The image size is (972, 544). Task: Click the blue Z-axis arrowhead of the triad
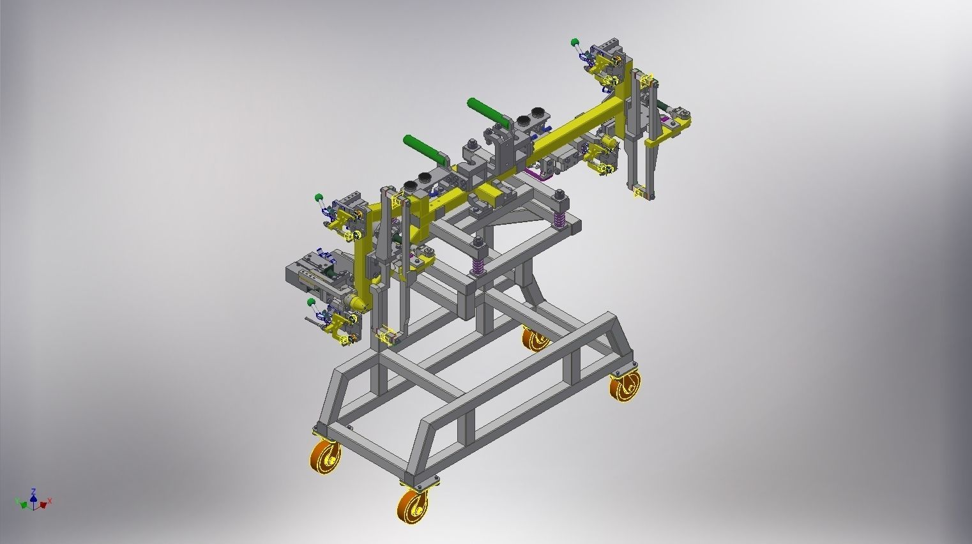33,493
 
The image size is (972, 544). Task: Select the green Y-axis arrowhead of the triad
24,505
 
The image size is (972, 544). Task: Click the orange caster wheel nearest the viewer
411,504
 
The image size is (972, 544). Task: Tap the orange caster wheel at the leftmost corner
325,457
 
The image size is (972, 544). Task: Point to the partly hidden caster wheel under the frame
535,338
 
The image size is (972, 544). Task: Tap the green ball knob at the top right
575,43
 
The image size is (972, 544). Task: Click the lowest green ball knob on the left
310,301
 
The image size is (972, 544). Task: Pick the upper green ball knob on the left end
318,196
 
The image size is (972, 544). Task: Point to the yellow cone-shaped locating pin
357,302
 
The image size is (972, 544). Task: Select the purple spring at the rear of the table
559,220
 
